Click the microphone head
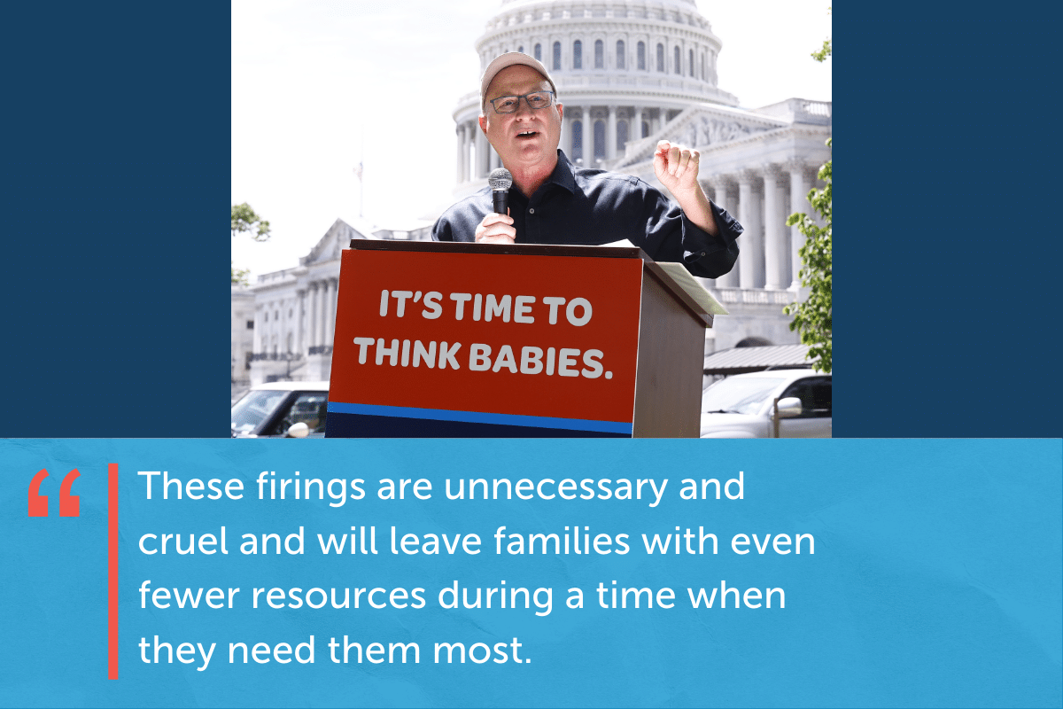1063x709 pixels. point(500,180)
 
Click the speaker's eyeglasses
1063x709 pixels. point(522,102)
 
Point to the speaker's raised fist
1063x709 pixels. point(676,164)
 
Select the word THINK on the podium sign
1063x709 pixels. point(407,352)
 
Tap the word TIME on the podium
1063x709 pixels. point(493,308)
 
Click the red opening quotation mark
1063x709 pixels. point(54,493)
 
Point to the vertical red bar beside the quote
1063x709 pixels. point(113,572)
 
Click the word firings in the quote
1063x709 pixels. point(311,487)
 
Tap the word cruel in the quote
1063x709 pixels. point(183,541)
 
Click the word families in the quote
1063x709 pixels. point(562,541)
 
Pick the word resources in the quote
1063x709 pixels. point(338,596)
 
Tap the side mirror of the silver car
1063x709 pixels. point(788,407)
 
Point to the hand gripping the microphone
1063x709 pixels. point(495,228)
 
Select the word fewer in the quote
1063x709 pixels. point(189,596)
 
